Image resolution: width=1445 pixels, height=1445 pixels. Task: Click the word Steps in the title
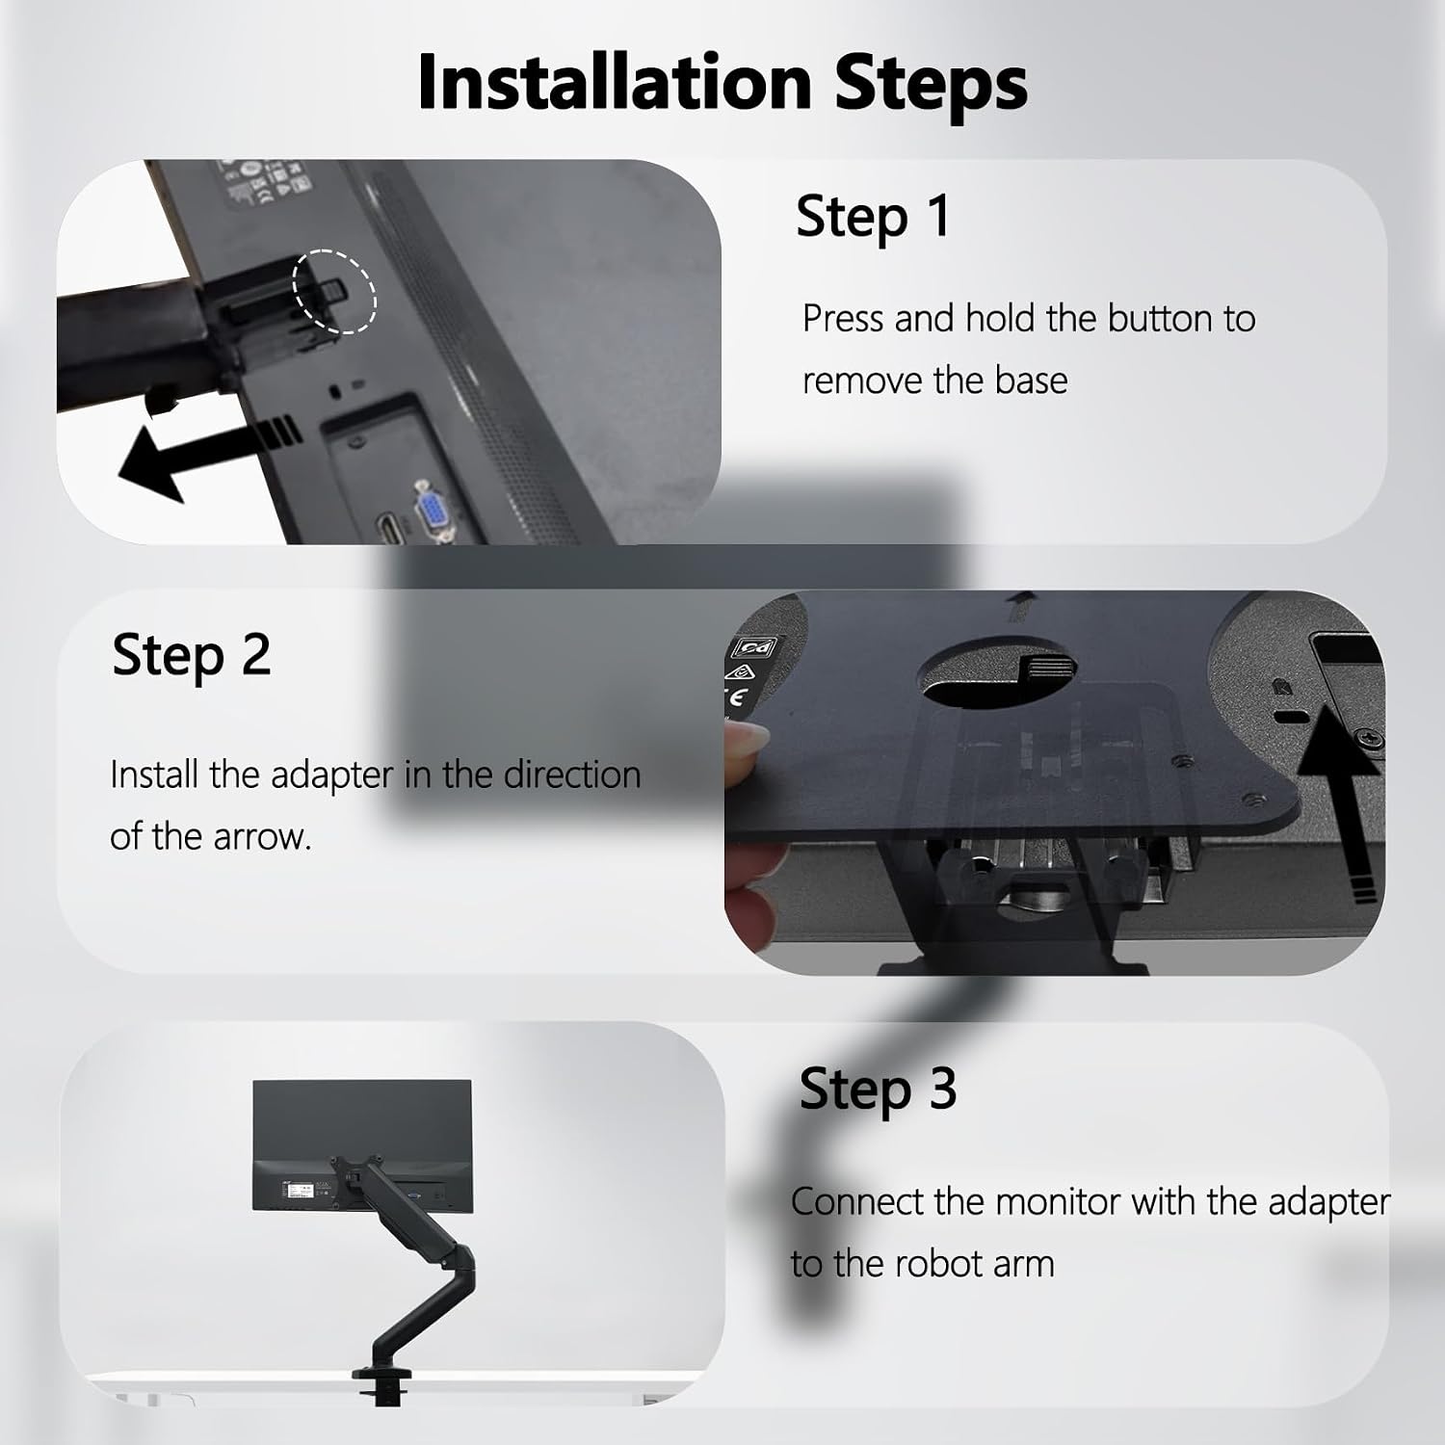pos(932,84)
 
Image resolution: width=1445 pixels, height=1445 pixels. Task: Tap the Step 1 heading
pos(873,216)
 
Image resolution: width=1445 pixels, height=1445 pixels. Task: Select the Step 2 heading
pos(191,655)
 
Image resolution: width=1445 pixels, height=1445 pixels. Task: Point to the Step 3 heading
pos(878,1089)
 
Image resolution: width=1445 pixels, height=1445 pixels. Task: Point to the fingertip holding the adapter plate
pos(747,747)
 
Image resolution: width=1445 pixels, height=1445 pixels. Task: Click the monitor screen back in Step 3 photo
pos(362,1144)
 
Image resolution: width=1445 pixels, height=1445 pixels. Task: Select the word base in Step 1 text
pos(1031,381)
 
